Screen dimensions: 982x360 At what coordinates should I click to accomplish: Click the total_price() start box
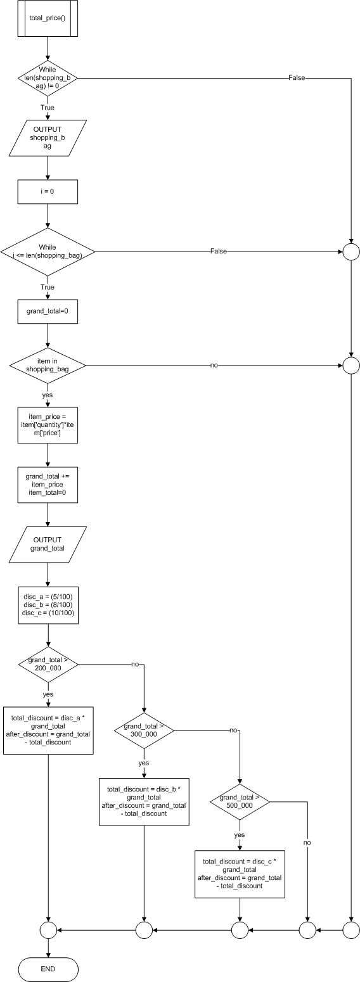point(48,18)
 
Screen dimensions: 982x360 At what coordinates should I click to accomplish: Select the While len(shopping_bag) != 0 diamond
point(48,78)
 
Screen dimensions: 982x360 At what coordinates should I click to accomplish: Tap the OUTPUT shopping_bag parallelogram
point(48,138)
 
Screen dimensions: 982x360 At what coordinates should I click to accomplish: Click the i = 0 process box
point(48,192)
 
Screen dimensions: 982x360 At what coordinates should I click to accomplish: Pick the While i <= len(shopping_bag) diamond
point(48,252)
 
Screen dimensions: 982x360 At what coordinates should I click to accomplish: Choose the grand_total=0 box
point(48,311)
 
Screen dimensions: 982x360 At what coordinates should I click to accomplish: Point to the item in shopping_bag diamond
point(48,366)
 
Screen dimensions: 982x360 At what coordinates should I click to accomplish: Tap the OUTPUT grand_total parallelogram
point(48,544)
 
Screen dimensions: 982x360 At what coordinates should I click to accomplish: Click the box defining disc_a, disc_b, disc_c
point(48,604)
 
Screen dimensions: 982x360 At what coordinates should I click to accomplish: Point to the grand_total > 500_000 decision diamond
point(240,801)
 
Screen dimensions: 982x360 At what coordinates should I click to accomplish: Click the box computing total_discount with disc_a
point(48,730)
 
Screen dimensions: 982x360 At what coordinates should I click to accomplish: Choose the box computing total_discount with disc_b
point(144,801)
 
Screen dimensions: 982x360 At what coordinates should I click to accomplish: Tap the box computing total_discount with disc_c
point(240,874)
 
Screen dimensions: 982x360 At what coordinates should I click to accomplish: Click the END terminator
point(48,969)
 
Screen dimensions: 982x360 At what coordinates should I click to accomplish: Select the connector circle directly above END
point(48,929)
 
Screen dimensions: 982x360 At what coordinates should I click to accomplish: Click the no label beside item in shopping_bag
point(214,366)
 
